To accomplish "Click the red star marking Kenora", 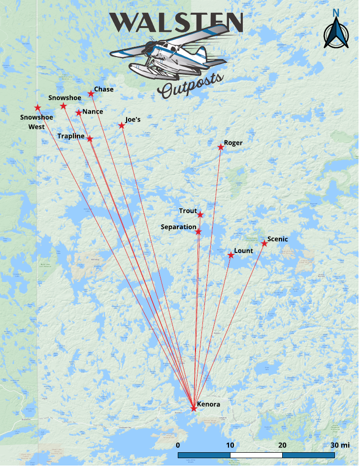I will tap(194, 408).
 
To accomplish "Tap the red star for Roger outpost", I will tap(221, 147).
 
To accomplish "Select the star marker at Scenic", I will tap(264, 243).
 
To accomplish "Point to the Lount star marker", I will tap(230, 255).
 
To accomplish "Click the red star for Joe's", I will tap(122, 125).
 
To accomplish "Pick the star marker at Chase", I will tap(91, 94).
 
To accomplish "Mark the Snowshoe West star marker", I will tap(37, 107).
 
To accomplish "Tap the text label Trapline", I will tap(70, 136).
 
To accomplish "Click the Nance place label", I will tap(93, 112).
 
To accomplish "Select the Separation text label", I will tap(178, 227).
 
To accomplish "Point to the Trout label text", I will tap(188, 211).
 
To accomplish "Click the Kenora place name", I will tap(208, 405).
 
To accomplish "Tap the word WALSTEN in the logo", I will tap(176, 22).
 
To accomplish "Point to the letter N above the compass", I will tap(336, 13).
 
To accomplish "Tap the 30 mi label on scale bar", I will tap(340, 445).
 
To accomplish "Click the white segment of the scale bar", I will tap(256, 455).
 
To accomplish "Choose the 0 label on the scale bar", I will tap(178, 445).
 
